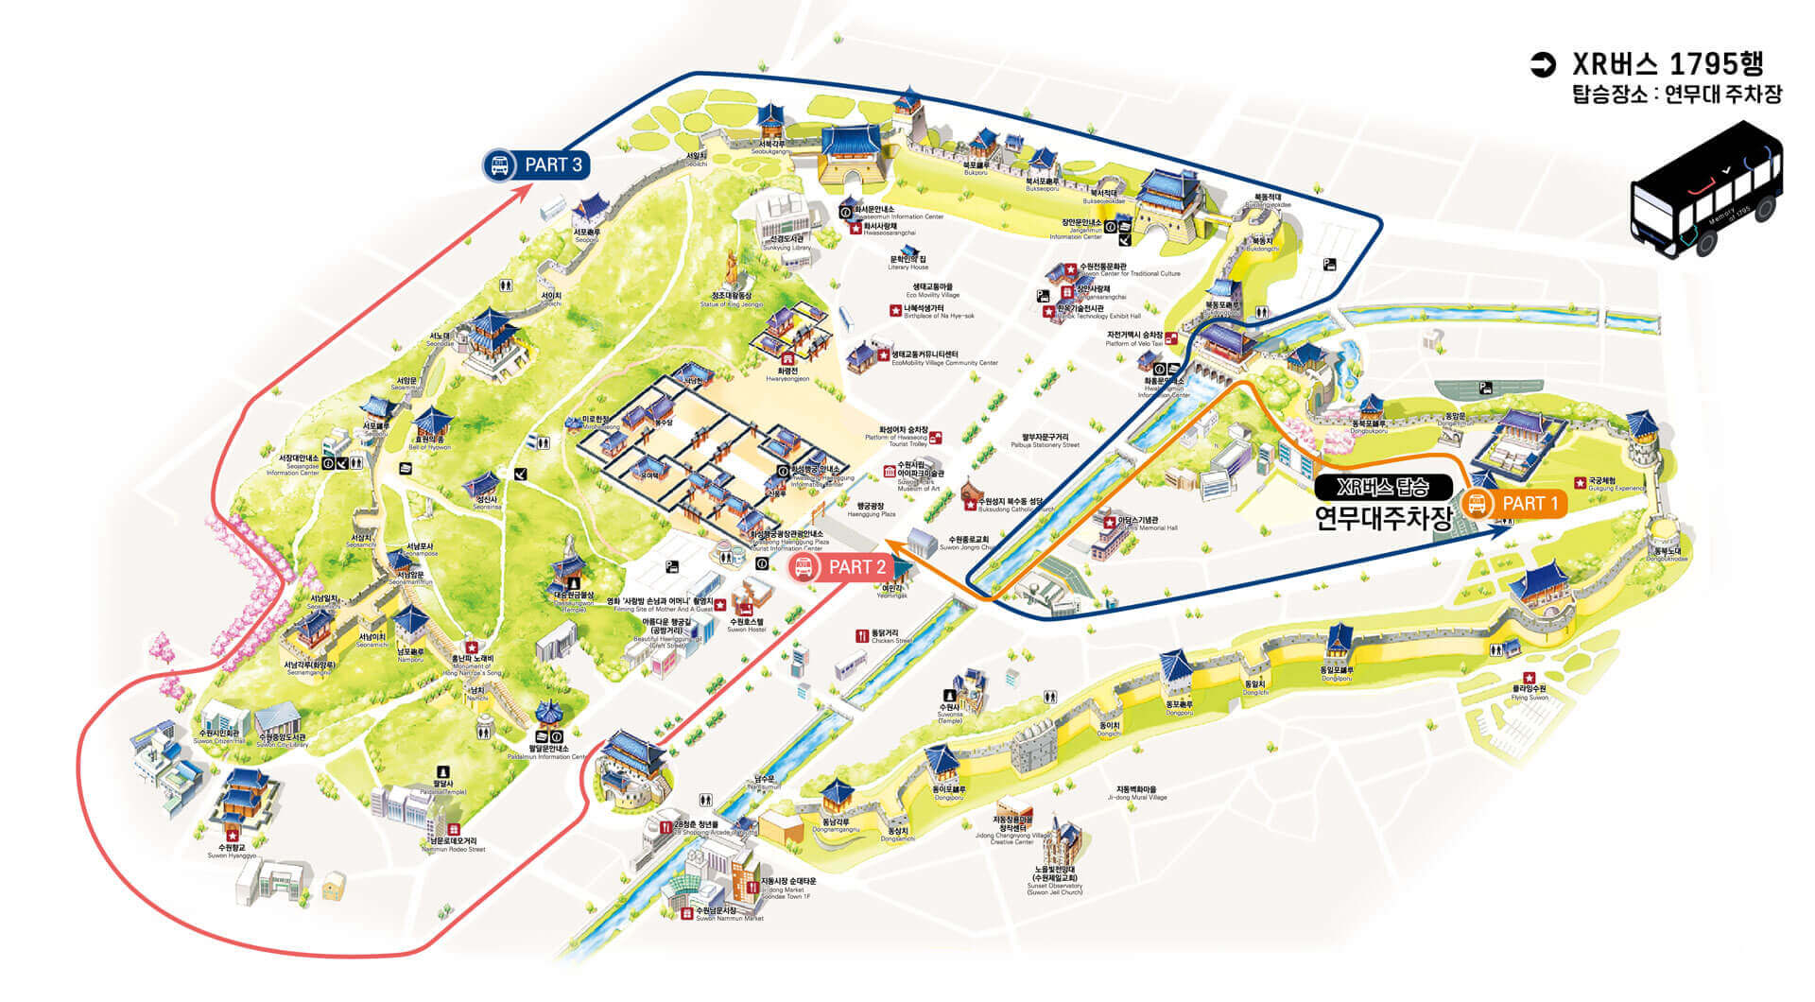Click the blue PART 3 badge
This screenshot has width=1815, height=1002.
(536, 164)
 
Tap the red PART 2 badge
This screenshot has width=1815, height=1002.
(840, 567)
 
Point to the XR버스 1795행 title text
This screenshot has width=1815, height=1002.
(1668, 63)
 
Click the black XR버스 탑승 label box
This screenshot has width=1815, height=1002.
(1382, 487)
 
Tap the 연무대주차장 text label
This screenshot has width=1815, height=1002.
(1382, 518)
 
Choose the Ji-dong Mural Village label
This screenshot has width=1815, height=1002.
(1136, 793)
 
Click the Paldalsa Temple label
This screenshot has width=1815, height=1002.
(443, 787)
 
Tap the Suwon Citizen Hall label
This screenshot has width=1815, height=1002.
(217, 737)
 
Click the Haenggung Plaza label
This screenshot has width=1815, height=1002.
(871, 510)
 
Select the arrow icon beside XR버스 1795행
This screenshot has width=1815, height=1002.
(1543, 64)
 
